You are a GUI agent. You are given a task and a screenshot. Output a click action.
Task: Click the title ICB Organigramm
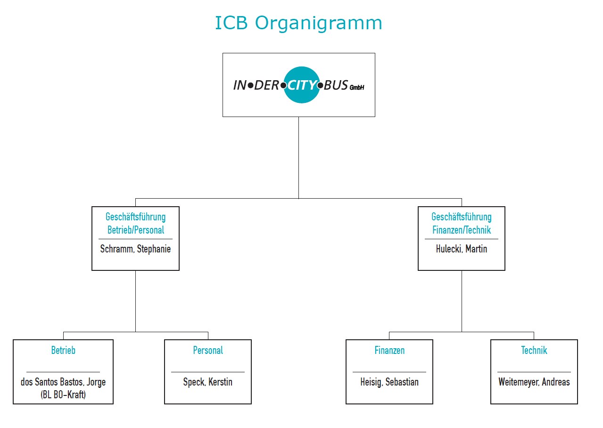click(298, 24)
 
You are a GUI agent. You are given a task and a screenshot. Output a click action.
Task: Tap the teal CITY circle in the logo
click(302, 85)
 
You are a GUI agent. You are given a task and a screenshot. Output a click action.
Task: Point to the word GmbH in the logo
click(357, 87)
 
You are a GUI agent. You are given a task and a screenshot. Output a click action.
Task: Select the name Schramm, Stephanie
click(135, 249)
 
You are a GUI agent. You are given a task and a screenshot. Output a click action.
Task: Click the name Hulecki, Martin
click(462, 249)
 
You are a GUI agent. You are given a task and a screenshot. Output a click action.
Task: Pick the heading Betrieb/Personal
click(136, 230)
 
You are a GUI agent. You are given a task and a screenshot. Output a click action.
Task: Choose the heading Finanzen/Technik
click(462, 230)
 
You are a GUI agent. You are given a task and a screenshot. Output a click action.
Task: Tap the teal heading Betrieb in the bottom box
click(63, 351)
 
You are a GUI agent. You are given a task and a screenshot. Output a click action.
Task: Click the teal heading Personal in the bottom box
click(208, 351)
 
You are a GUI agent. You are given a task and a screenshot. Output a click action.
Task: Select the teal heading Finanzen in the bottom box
click(389, 351)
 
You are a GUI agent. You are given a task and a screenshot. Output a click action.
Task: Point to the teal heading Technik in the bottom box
click(534, 351)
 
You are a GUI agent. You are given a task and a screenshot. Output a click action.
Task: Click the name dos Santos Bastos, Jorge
click(63, 382)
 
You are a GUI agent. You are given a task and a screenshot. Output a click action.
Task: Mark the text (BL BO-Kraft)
click(63, 395)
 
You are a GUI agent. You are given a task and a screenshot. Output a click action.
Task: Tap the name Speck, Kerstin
click(208, 382)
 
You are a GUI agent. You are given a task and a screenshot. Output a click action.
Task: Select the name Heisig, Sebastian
click(389, 382)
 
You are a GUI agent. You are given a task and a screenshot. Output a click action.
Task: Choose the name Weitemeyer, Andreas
click(534, 382)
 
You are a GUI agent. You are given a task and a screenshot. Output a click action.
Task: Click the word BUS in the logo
click(336, 85)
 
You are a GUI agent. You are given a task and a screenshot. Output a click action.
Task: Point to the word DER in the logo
click(266, 85)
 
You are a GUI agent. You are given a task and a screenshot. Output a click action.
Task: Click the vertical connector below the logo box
click(298, 158)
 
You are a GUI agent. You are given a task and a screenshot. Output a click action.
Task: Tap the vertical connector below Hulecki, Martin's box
click(462, 302)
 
